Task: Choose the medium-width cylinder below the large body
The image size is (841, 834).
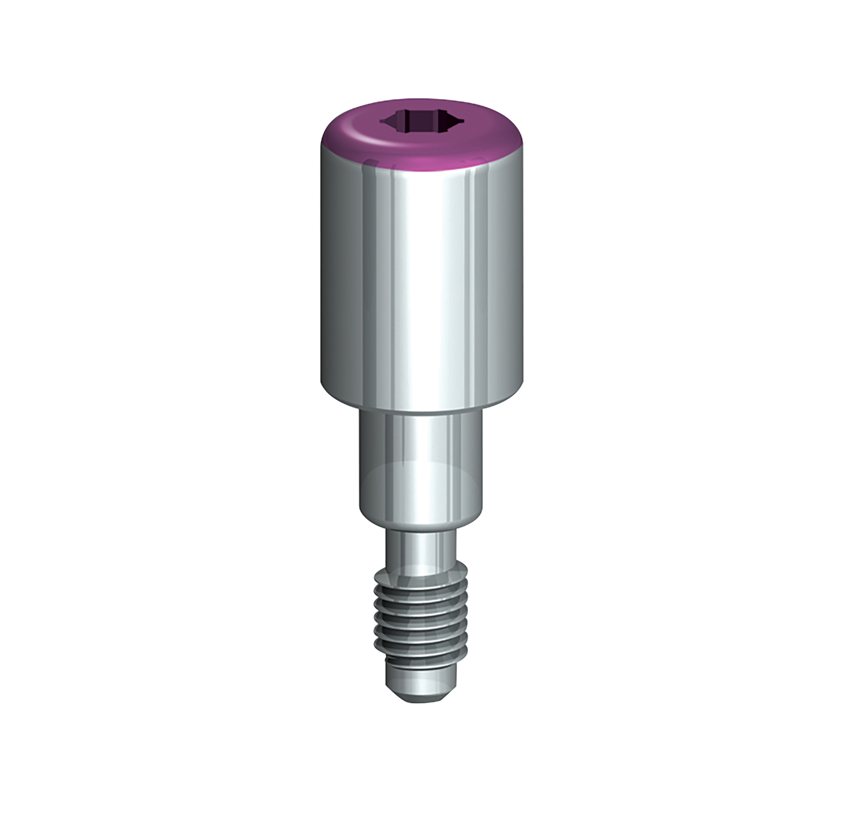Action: tap(420, 465)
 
